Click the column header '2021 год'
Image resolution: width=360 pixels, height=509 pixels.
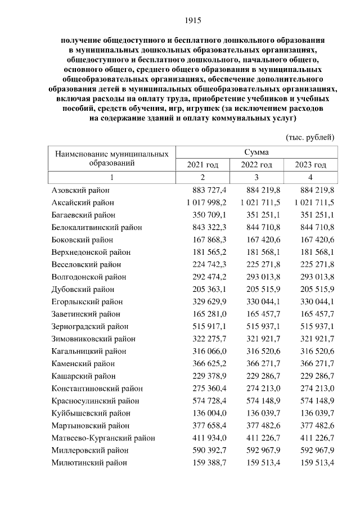click(202, 165)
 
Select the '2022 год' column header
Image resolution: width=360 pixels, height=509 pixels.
click(256, 165)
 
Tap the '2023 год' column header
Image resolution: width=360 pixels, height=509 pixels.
click(310, 165)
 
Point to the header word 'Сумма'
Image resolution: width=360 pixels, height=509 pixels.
click(256, 152)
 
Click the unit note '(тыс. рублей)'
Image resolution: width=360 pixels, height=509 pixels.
click(310, 137)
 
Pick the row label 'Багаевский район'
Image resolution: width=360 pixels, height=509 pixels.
click(83, 215)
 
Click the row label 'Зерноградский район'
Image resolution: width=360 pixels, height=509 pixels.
click(89, 326)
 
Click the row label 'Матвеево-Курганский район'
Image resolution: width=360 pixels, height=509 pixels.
click(103, 438)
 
